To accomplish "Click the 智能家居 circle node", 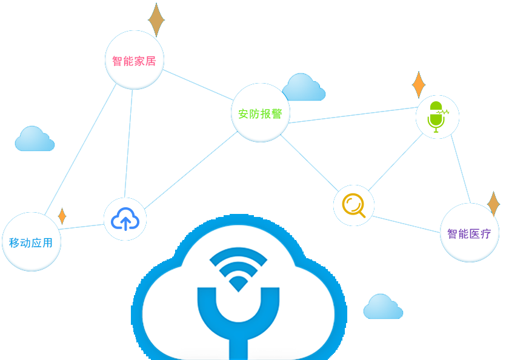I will point(134,61).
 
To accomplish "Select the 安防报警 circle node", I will point(261,113).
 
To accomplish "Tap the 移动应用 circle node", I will point(32,242).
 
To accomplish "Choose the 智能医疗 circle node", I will point(469,233).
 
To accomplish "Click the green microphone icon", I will point(437,117).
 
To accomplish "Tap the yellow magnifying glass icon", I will point(354,205).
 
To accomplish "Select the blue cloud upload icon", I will point(125,219).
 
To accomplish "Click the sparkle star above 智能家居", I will point(156,20).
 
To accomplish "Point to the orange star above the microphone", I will point(418,85).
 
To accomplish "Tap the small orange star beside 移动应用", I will point(62,216).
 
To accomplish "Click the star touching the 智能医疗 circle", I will point(493,204).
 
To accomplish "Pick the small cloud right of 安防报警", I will point(304,88).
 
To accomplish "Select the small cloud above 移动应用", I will point(35,139).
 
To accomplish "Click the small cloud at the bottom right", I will point(383,307).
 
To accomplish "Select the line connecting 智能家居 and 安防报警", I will point(198,84).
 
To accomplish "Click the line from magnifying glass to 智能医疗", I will point(406,224).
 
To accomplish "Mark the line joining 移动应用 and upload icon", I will point(82,227).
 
